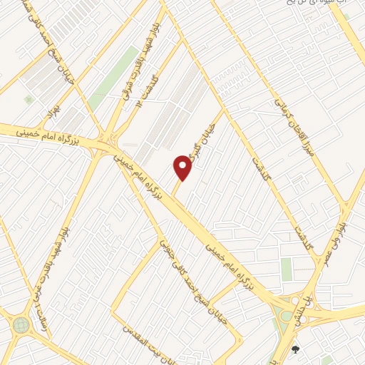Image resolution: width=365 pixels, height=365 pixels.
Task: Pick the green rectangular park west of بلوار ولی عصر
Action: point(286,269)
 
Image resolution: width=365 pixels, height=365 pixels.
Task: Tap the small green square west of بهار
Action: point(28,99)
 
